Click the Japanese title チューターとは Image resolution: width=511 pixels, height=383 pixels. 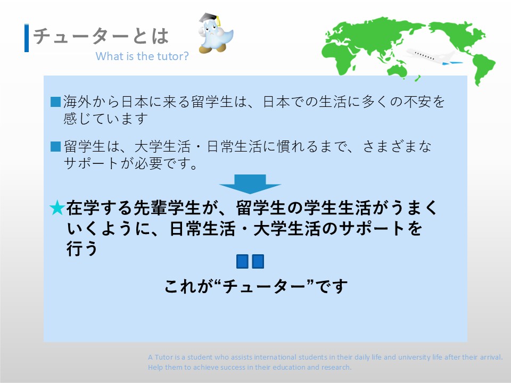point(101,36)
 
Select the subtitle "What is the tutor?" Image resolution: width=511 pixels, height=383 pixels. point(142,56)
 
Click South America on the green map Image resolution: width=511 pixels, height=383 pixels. point(483,69)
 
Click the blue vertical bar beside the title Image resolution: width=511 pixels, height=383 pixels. point(27,38)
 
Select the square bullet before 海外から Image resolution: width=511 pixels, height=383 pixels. point(56,102)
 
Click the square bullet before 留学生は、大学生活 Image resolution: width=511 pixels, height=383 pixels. point(56,147)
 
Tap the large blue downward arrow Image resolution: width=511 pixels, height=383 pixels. point(250,184)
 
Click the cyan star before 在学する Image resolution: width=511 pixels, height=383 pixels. point(57,208)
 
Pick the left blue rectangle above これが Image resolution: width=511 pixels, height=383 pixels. point(242,262)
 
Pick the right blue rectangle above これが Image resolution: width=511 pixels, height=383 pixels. point(258,262)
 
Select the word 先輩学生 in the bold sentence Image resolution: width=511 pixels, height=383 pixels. point(166,208)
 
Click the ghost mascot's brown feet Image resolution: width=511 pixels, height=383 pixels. point(212,49)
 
